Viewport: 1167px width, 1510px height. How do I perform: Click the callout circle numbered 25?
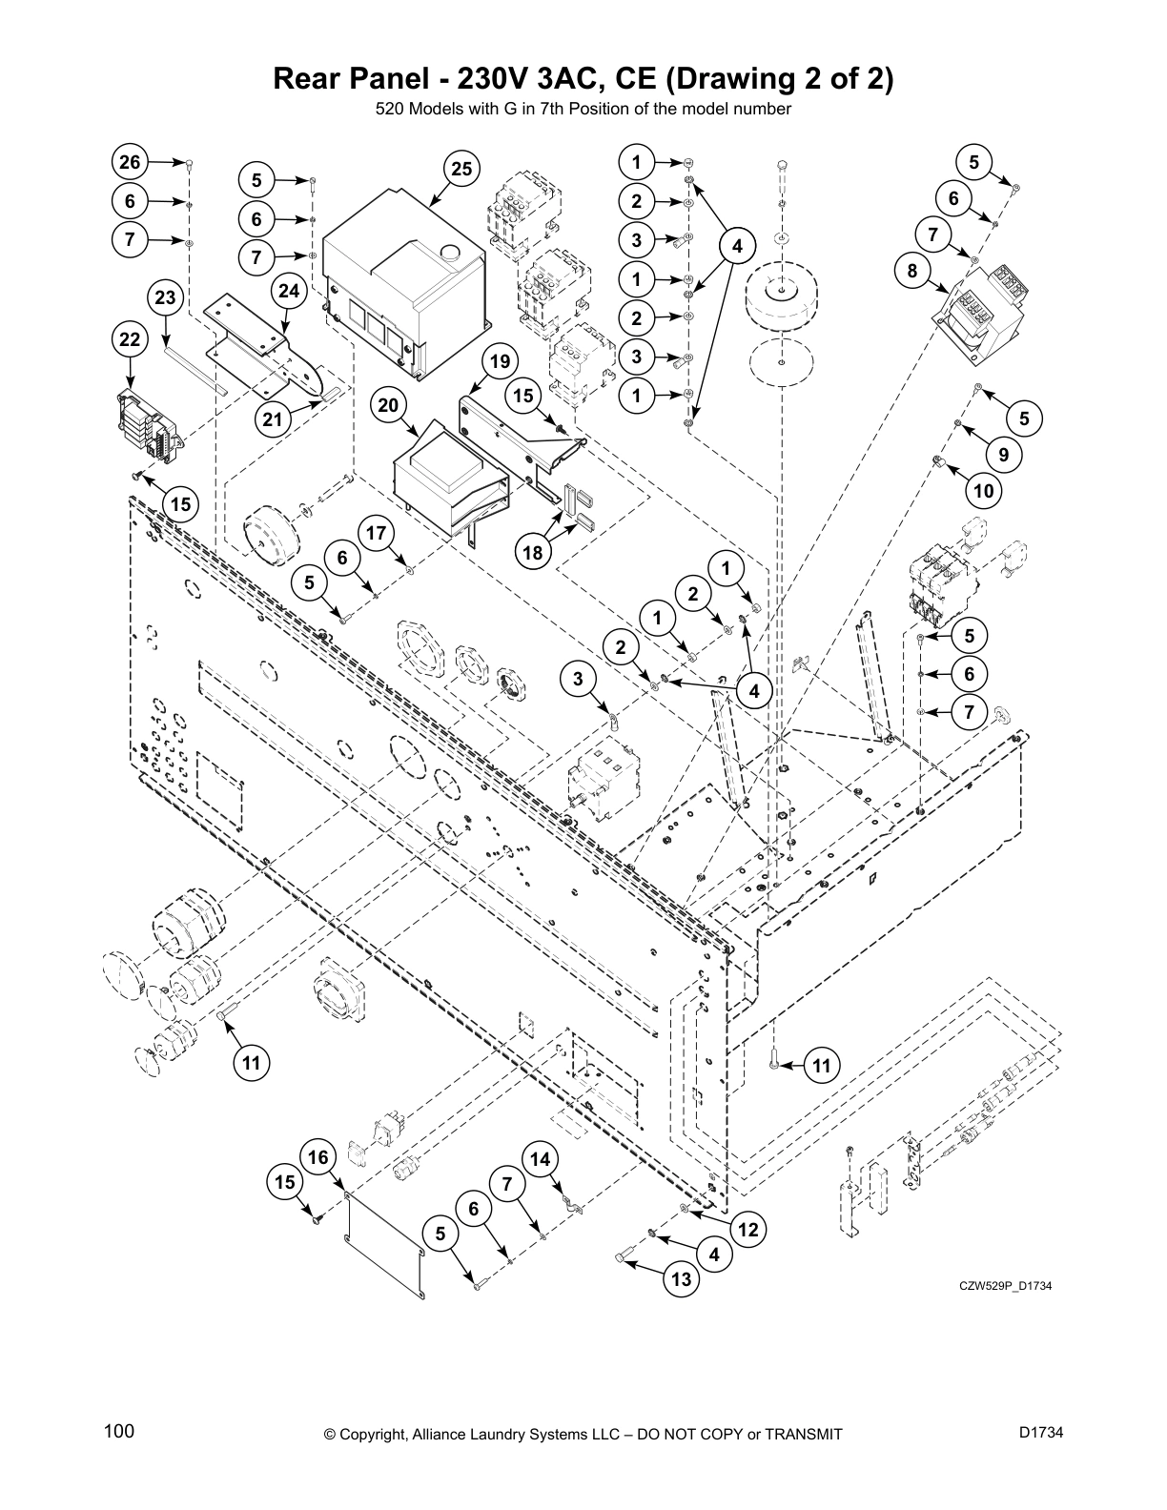point(461,170)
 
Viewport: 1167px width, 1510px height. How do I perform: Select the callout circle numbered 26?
point(130,162)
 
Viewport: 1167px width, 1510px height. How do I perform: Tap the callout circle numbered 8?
point(912,271)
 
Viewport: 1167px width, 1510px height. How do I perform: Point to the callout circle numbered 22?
point(130,339)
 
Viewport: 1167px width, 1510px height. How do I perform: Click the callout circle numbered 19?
point(499,361)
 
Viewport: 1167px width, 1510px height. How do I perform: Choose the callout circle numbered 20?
point(387,405)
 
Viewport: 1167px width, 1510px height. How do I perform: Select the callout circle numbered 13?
point(681,1279)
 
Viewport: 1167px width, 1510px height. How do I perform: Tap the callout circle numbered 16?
point(318,1156)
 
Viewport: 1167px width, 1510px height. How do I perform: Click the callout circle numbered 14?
point(540,1159)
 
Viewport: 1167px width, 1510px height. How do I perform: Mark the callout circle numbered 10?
point(984,491)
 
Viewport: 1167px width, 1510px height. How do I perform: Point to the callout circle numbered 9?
point(1004,455)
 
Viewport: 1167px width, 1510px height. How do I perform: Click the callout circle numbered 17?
point(378,533)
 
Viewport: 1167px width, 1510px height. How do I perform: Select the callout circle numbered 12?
point(748,1230)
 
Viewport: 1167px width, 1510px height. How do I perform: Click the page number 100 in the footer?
point(119,1431)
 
